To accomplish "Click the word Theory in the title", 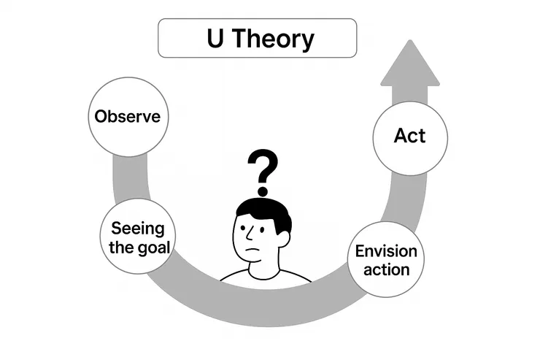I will [276, 39].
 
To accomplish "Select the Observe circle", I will [128, 117].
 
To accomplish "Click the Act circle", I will [409, 136].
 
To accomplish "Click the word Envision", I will [386, 252].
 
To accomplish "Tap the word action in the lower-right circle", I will [386, 269].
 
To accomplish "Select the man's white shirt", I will [292, 277].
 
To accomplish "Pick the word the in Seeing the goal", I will [122, 247].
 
